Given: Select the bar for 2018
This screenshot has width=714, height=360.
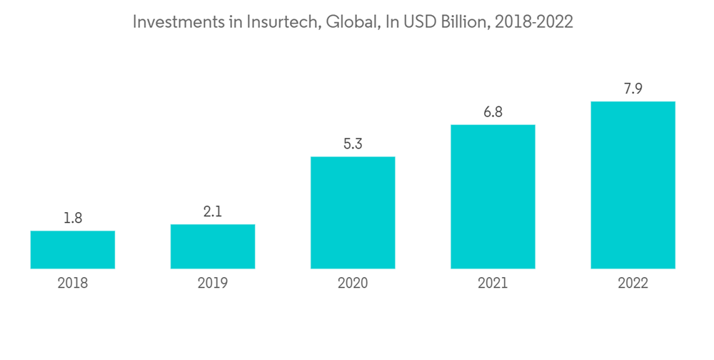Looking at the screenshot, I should (x=73, y=249).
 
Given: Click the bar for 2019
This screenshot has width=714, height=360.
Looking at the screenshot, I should (x=213, y=246).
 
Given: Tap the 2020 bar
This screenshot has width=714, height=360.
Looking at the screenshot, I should (x=353, y=212).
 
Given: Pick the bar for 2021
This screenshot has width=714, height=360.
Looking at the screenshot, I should (x=493, y=196).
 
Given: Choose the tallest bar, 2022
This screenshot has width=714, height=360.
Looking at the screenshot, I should (x=633, y=185).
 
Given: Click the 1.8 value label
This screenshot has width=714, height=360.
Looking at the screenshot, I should (x=73, y=219).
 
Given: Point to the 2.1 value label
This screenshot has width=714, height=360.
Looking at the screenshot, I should (x=213, y=212).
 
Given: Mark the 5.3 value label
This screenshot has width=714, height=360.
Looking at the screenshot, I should (x=353, y=144).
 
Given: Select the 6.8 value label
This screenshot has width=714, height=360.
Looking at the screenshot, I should (x=493, y=112).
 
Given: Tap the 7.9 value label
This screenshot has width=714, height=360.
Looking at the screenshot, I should (x=633, y=89).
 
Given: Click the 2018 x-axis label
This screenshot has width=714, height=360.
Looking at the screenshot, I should (x=73, y=284).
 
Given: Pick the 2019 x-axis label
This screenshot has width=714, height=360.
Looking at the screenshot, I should (x=213, y=284).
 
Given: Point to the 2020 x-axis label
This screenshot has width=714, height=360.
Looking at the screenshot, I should (x=353, y=284).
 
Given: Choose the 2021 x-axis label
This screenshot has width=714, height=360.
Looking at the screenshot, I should (x=493, y=284).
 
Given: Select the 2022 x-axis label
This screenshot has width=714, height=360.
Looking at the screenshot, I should (x=633, y=284).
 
